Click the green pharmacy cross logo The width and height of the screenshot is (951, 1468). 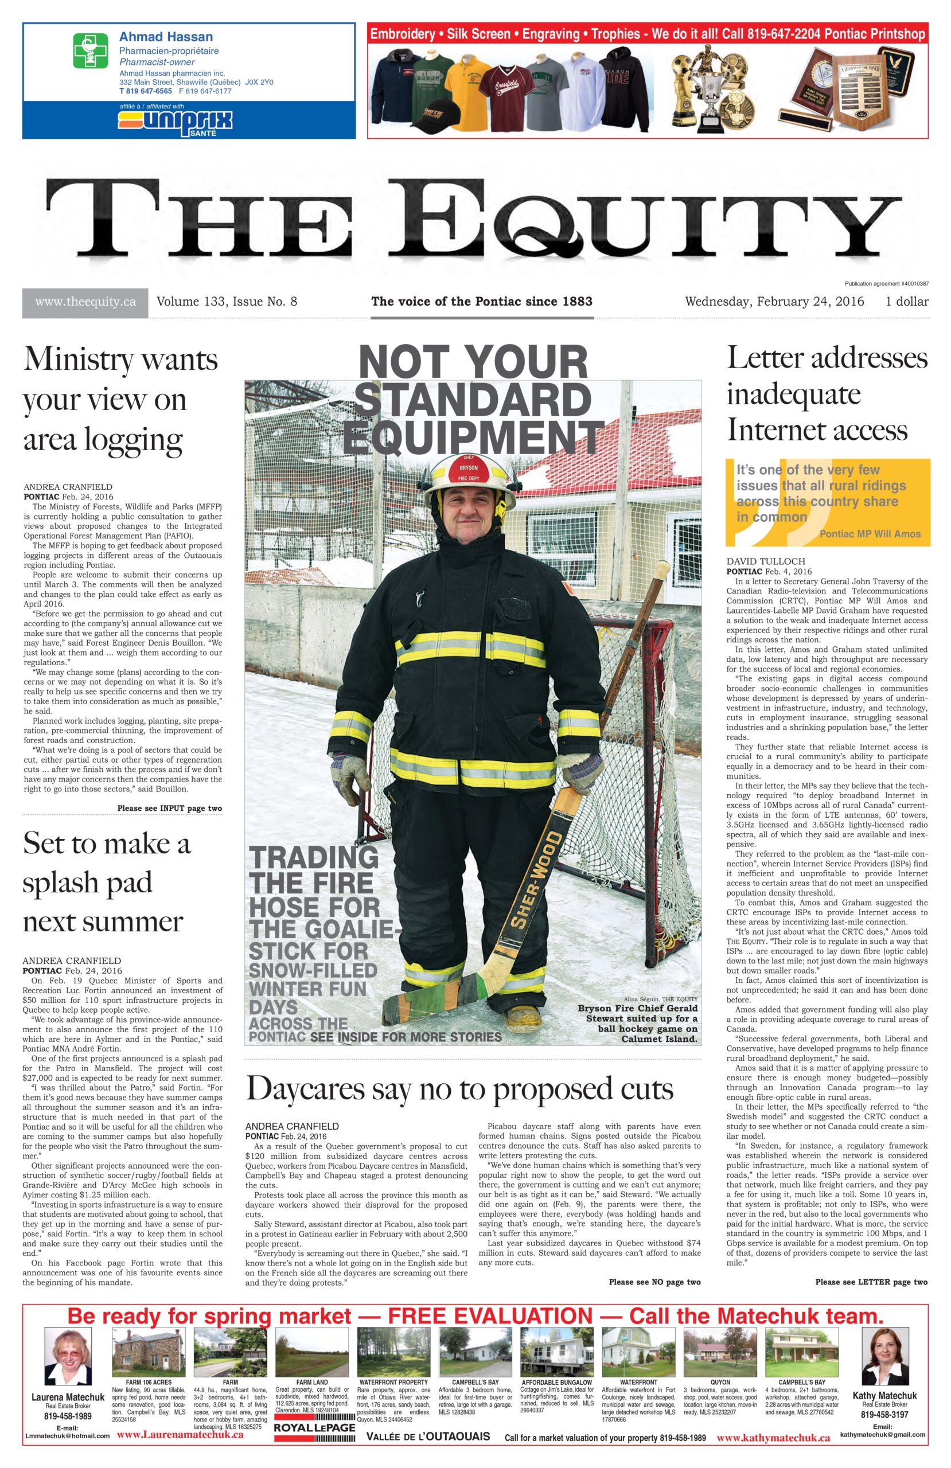coord(90,50)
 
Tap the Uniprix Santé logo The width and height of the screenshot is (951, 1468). coord(176,120)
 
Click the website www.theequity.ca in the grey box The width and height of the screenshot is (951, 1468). coord(85,302)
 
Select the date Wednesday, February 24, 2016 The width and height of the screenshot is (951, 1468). coord(774,302)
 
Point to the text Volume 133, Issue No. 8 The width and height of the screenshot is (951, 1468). coord(227,302)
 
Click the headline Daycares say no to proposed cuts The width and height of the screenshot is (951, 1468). coord(459,1088)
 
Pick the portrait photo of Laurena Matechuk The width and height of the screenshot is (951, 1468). coord(68,1356)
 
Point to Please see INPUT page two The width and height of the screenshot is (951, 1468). coord(169,808)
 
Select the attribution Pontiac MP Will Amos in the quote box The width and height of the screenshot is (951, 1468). coord(869,534)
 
